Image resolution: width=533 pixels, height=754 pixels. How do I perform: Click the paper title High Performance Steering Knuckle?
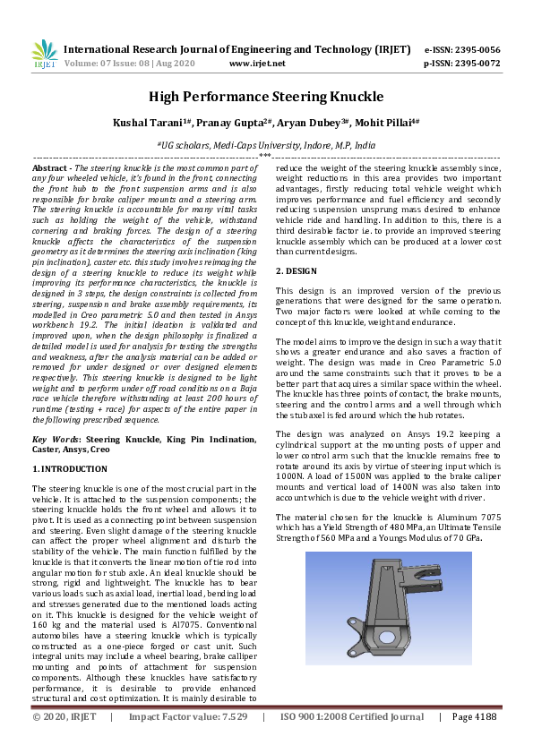(266, 96)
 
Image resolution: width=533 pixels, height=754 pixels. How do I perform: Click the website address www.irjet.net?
(257, 64)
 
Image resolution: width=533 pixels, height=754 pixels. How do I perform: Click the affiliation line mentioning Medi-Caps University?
(266, 143)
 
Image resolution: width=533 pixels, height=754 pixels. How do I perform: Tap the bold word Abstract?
(51, 167)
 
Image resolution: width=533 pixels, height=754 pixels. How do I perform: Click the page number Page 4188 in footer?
(473, 741)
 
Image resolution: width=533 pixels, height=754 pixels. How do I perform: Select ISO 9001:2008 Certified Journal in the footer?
(352, 741)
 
